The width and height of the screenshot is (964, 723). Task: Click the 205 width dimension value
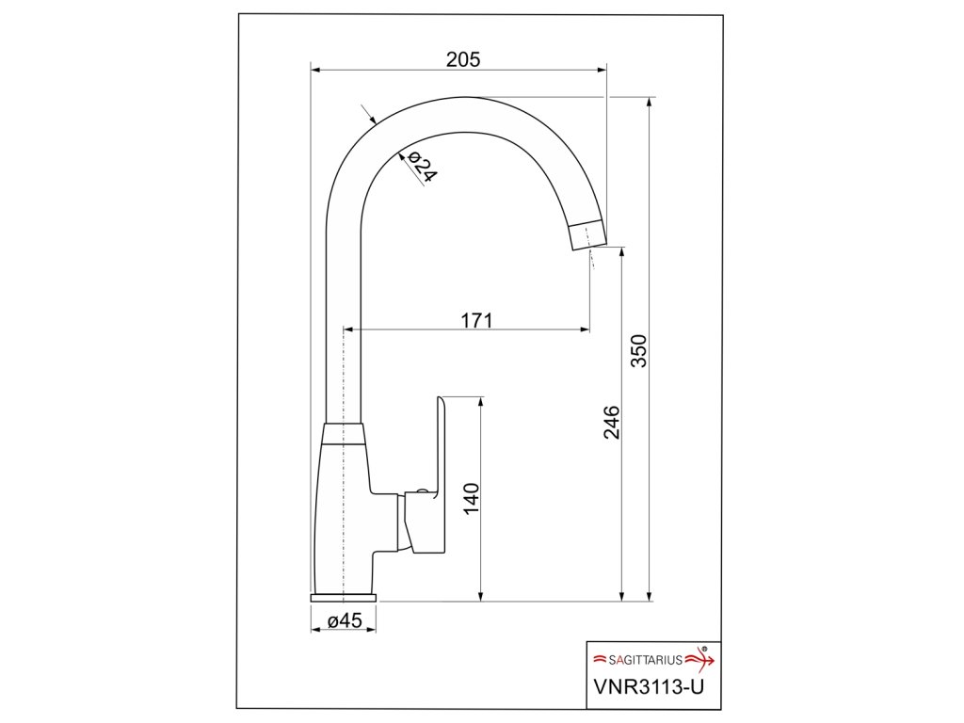pos(463,59)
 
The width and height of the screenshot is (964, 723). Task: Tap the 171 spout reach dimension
pos(476,320)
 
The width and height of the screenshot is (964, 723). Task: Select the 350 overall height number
pos(639,351)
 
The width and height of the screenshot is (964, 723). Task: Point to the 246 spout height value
pos(612,422)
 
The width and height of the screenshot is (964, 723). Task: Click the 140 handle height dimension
pos(471,499)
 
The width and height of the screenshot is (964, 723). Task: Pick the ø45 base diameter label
pos(345,620)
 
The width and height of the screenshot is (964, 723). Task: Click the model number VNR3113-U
pos(649,686)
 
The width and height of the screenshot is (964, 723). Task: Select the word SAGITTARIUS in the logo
pos(646,660)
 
